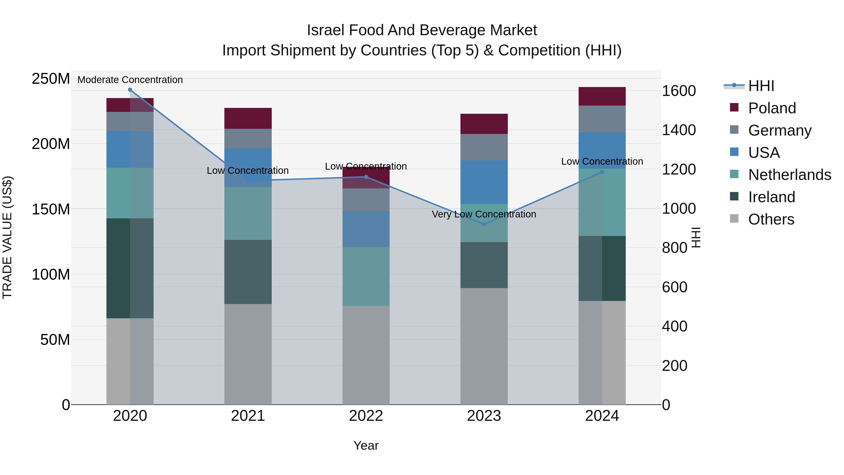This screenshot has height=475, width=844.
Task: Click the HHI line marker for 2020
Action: click(x=130, y=90)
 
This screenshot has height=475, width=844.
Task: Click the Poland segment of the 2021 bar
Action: click(x=248, y=118)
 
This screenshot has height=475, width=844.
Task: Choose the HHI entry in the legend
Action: click(x=761, y=86)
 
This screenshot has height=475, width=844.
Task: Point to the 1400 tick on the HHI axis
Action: click(x=678, y=130)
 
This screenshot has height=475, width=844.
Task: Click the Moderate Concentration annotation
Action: click(x=130, y=80)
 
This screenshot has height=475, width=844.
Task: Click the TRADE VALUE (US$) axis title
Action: click(x=7, y=237)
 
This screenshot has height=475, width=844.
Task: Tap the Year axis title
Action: click(x=366, y=445)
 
